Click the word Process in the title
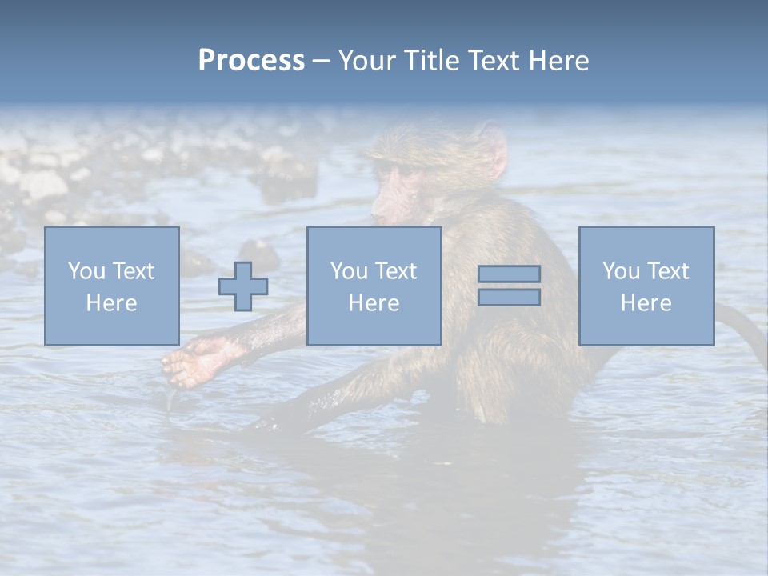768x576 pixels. pos(251,60)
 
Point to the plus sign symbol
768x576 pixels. pos(243,286)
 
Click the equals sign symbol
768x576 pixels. pos(509,286)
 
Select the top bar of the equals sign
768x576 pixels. pos(509,274)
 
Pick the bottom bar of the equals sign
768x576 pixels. pos(509,297)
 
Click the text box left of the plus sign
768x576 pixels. pos(111,286)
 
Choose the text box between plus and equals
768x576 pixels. pos(374,286)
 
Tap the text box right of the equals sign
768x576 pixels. pos(646,286)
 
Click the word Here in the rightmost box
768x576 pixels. pos(646,302)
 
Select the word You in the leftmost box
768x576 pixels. pos(86,270)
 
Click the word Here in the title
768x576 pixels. pos(561,60)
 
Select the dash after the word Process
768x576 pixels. pos(321,61)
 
